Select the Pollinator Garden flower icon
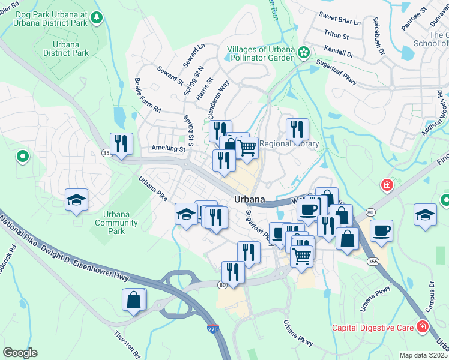304,53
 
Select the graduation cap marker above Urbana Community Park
77,200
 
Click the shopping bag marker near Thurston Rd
133,300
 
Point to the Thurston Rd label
127,343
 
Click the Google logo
20,353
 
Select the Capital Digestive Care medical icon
423,328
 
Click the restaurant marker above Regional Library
297,130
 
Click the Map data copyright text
423,355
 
